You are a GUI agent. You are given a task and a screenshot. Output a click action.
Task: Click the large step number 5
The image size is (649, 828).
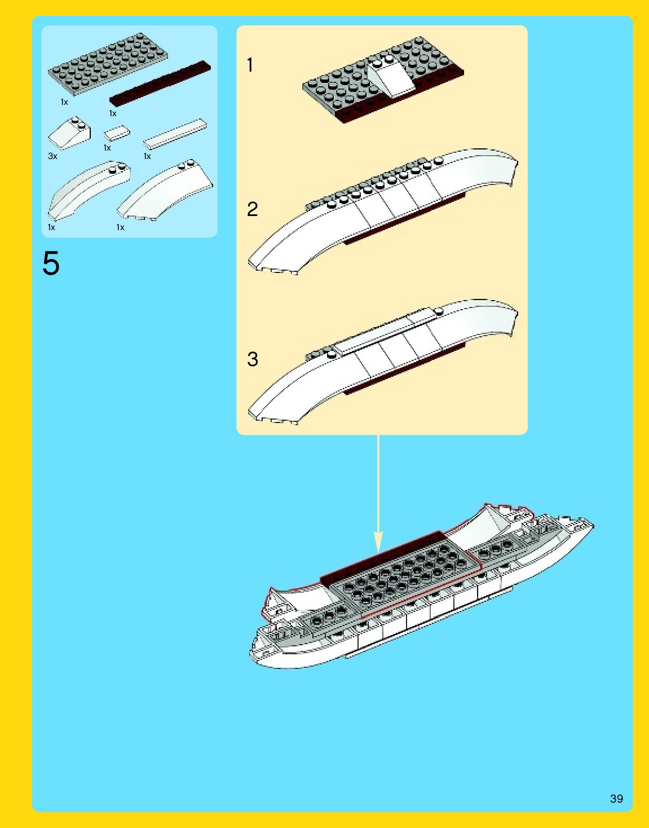click(x=51, y=263)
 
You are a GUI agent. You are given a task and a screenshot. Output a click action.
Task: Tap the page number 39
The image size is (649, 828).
click(x=616, y=799)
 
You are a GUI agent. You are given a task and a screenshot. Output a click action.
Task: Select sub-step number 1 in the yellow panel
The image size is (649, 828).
click(x=250, y=65)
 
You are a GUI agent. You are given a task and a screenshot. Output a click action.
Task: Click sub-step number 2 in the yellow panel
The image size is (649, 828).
click(x=252, y=209)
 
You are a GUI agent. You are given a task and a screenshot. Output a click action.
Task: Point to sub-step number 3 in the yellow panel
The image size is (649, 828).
click(x=252, y=359)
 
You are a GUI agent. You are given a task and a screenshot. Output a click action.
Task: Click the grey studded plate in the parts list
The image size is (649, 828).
click(x=108, y=63)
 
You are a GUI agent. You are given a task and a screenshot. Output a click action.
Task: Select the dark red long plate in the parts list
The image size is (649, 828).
click(x=160, y=83)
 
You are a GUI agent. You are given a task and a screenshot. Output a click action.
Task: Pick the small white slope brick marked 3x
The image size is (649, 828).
click(x=70, y=134)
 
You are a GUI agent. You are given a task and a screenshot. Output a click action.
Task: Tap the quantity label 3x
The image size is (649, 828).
click(x=52, y=156)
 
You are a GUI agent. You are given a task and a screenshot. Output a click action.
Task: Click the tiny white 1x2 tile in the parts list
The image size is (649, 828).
click(x=117, y=134)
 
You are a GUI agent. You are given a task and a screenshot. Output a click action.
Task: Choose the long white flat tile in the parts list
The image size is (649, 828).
click(x=175, y=133)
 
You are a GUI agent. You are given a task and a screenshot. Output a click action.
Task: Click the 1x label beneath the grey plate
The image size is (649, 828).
click(x=64, y=102)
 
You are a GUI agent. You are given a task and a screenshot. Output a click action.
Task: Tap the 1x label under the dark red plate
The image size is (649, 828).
click(x=113, y=113)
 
